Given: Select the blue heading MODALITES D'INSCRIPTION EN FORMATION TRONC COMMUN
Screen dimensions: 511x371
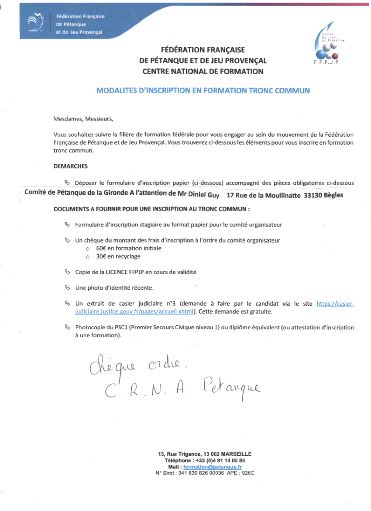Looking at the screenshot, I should click(203, 91).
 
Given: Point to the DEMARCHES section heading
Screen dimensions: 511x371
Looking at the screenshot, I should click(70, 166).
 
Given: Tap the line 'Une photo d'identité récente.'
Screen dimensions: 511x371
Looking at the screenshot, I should click(114, 287).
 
